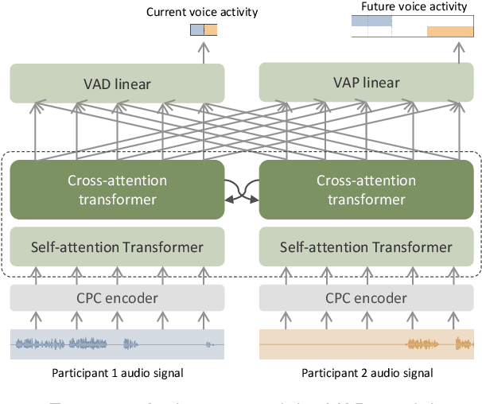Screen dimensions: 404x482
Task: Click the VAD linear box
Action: coord(117,84)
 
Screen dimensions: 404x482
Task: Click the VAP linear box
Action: coord(365,83)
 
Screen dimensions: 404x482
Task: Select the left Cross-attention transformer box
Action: coord(117,190)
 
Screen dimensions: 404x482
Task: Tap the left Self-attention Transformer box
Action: coord(117,247)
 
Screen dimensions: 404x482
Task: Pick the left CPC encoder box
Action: coord(117,298)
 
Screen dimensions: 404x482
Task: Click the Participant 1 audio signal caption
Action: coord(117,373)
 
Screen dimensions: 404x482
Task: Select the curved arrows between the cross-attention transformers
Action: coord(241,191)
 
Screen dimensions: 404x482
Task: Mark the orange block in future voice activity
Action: coord(450,32)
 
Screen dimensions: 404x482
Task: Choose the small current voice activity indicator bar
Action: coord(204,30)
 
